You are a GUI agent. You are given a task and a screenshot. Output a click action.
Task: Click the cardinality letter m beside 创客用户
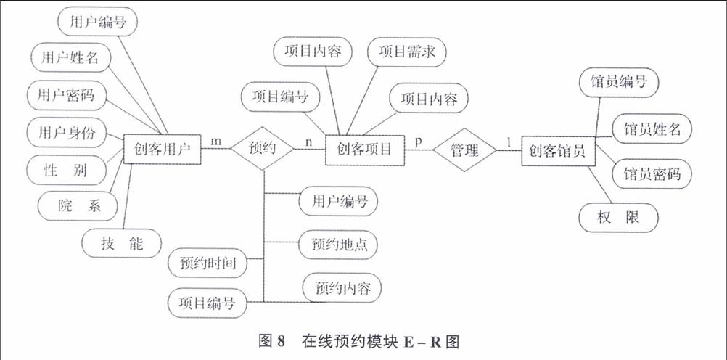pos(216,141)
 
